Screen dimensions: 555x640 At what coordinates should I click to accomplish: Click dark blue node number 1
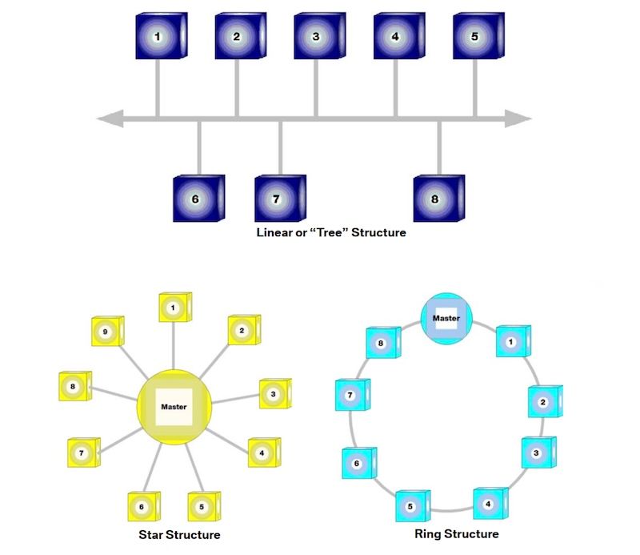[x=158, y=36]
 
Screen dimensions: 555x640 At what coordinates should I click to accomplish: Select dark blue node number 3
[x=317, y=36]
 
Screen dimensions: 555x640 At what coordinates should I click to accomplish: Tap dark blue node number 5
[x=475, y=36]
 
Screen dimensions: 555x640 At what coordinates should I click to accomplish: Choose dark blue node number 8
[x=437, y=198]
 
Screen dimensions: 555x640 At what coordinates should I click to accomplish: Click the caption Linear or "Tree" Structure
[x=331, y=234]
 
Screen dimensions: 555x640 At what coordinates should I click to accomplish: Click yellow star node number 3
[x=274, y=393]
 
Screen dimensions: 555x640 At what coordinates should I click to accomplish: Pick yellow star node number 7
[x=82, y=452]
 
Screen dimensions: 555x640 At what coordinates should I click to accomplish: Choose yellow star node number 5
[x=202, y=506]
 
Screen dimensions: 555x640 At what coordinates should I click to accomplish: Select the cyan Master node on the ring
[x=446, y=319]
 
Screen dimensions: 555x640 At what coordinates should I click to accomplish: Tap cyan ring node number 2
[x=544, y=402]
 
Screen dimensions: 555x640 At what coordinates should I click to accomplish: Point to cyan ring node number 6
[x=358, y=463]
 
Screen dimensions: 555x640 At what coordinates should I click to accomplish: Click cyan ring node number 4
[x=490, y=504]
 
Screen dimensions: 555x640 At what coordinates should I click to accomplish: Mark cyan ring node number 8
[x=382, y=343]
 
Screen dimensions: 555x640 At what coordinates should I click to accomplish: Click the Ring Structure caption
[x=457, y=534]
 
